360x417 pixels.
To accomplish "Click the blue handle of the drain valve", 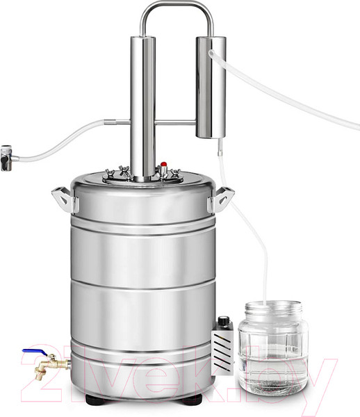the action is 34,352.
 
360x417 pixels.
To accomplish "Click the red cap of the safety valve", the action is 164,164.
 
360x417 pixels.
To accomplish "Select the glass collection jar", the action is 273,347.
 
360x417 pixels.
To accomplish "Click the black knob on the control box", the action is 223,320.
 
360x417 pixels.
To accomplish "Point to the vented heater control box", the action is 223,345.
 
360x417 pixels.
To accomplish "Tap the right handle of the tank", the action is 221,199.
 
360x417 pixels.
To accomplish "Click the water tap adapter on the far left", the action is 8,158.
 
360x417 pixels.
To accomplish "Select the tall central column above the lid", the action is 143,108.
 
